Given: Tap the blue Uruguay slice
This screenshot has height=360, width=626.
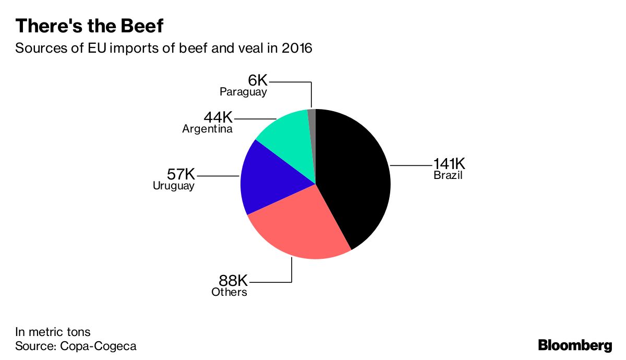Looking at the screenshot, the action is (x=268, y=179).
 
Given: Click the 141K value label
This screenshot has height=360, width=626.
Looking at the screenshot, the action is (x=449, y=163).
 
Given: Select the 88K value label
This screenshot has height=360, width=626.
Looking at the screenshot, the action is (x=233, y=280).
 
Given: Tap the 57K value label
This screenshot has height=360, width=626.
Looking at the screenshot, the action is (x=181, y=174).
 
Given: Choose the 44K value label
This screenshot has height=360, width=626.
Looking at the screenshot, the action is (x=218, y=117).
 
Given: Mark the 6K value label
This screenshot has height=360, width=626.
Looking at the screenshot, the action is (x=258, y=80).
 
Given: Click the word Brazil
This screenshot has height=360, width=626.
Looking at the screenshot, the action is (x=448, y=175).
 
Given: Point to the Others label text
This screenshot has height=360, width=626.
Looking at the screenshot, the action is (x=229, y=292).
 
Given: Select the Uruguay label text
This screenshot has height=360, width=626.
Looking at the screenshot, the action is (x=174, y=186).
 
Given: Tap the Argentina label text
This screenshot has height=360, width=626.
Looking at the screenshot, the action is (x=208, y=129).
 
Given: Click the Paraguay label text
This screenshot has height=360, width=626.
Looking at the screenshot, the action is (x=243, y=92).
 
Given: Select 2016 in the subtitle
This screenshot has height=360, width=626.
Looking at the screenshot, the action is (x=297, y=48).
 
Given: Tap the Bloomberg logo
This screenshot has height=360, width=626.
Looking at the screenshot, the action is (x=575, y=345).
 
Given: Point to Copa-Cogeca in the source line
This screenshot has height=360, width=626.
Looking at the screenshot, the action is (x=98, y=346).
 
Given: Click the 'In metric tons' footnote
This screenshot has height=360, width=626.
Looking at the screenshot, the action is (x=53, y=332).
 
